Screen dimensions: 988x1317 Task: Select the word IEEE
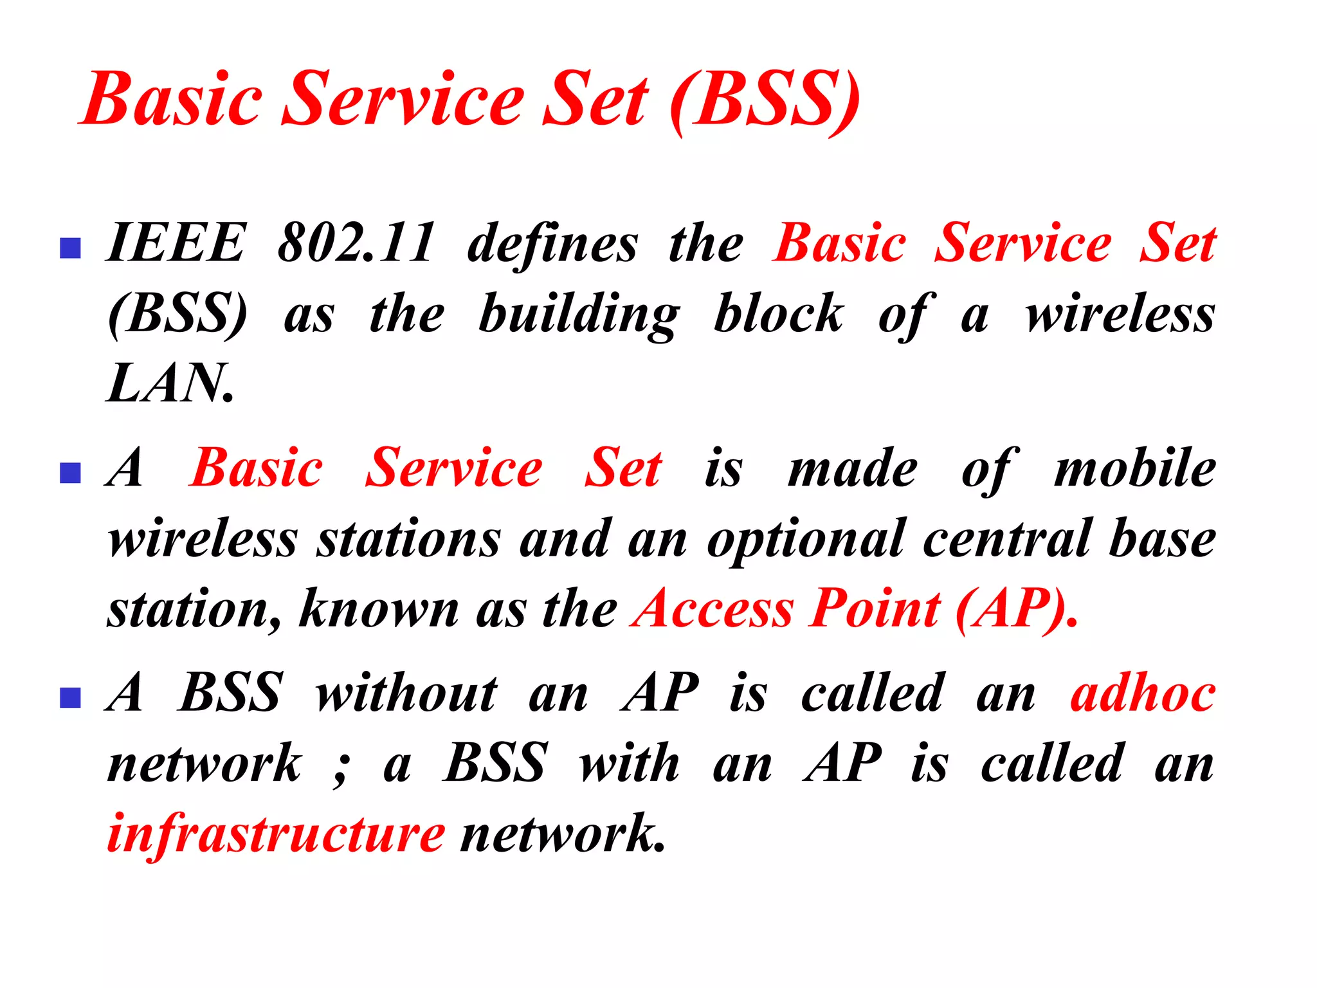(176, 243)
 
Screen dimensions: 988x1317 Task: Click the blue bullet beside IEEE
(70, 248)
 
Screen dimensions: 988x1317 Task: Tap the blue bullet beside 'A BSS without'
(70, 697)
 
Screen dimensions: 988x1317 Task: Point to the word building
(579, 315)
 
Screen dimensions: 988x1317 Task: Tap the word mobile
(1134, 469)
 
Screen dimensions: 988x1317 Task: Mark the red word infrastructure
(276, 835)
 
